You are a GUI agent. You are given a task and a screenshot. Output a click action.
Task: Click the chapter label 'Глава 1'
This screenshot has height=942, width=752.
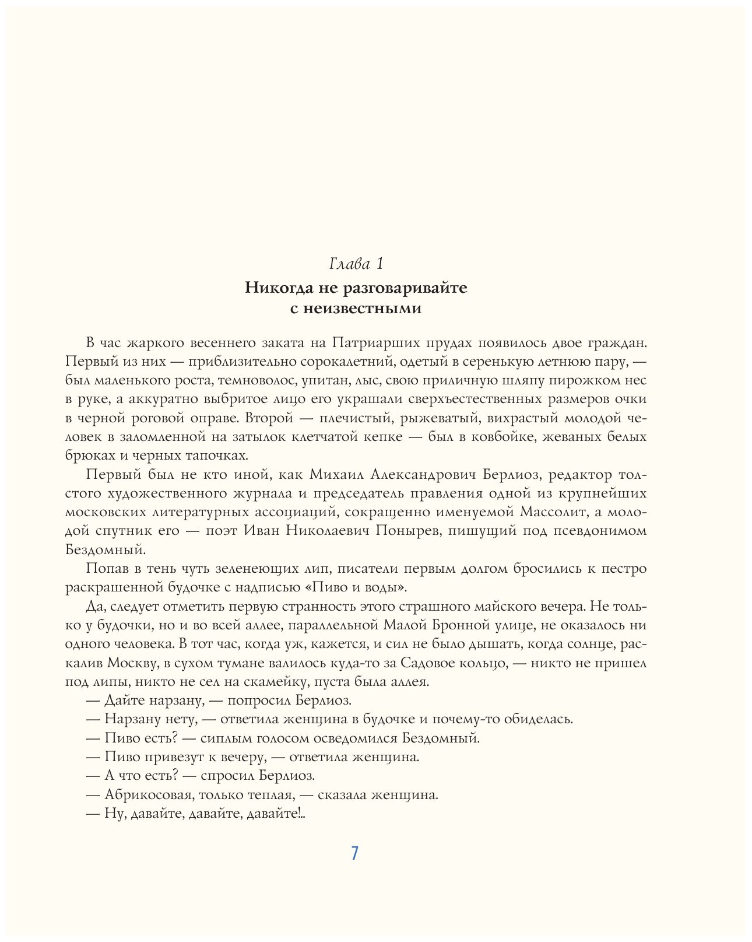(x=356, y=264)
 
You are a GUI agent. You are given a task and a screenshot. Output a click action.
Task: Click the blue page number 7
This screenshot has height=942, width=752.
(x=354, y=853)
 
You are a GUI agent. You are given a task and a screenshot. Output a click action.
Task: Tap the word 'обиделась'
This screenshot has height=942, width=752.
(x=540, y=719)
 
